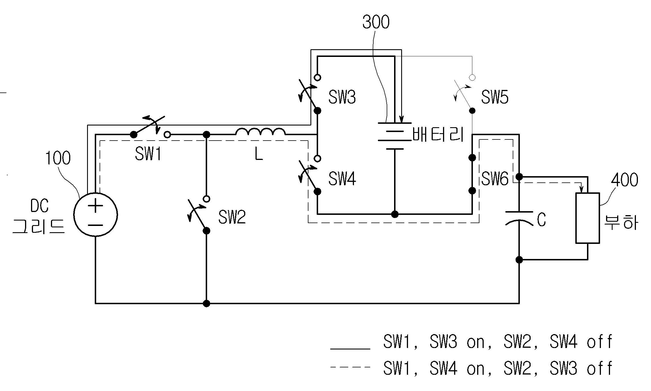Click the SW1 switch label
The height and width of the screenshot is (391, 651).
coord(148,154)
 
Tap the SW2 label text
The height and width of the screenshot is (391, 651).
coord(232,217)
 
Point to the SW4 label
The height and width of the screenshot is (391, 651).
coord(342,179)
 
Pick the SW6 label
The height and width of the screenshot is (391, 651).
coord(495,179)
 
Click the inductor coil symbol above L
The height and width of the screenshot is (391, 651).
coord(260,132)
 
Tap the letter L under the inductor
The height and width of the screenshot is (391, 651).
coord(259,155)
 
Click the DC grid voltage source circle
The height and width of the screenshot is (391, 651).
coord(96,214)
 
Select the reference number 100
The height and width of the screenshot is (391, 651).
coord(58,158)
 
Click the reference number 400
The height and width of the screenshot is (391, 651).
coord(625,180)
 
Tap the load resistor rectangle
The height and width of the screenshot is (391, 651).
coord(588,218)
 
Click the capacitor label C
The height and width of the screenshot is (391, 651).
coord(541,220)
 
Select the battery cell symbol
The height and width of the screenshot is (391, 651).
coord(395,136)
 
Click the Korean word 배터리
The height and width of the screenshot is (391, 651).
coord(438,134)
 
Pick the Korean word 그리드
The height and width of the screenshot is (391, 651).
coord(39,227)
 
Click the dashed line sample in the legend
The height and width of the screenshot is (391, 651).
coord(350,367)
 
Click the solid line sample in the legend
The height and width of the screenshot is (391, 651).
coord(350,348)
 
